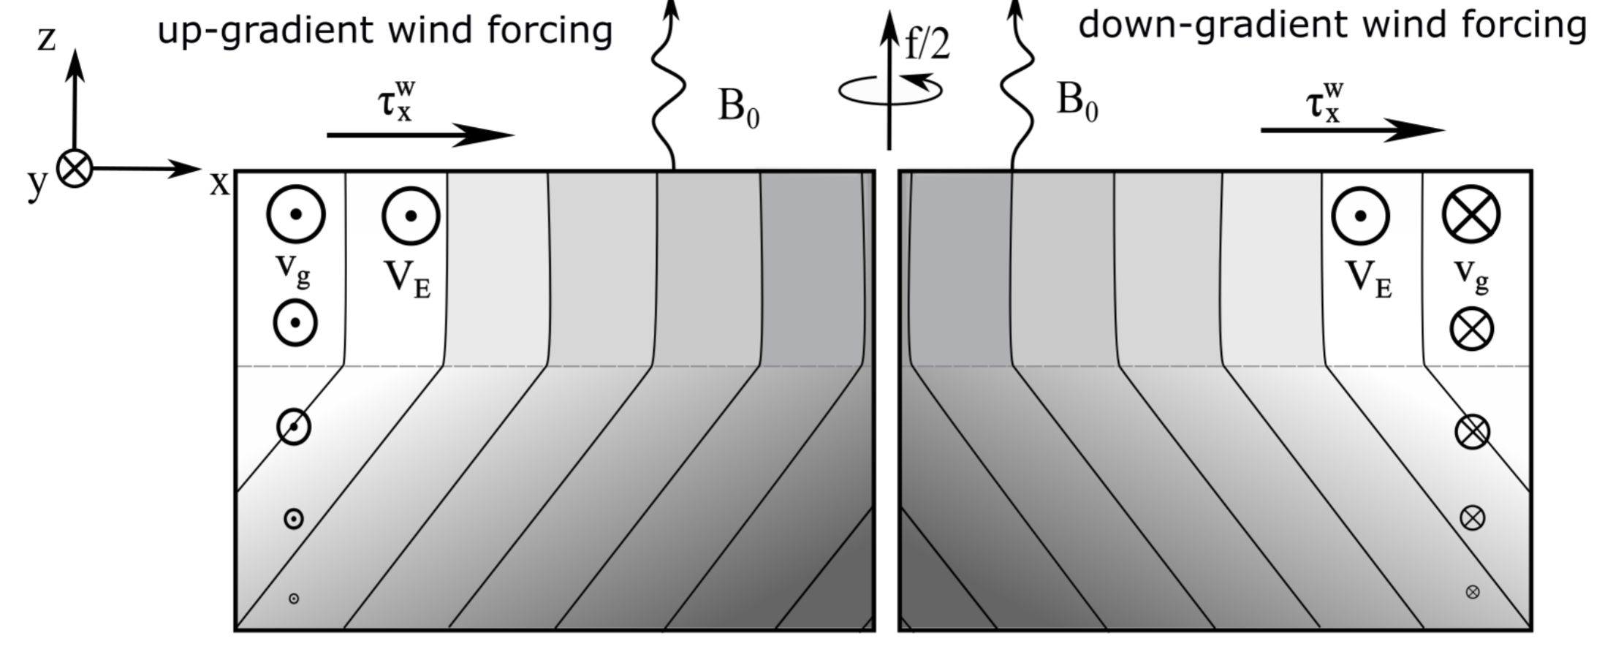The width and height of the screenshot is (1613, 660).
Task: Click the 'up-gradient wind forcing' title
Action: (x=384, y=31)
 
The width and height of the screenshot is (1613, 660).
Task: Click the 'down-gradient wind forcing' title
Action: (x=1332, y=26)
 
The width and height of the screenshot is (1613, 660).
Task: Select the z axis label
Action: (x=47, y=39)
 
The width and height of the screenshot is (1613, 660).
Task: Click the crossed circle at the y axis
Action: (x=75, y=169)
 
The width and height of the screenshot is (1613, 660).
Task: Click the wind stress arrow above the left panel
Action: (x=420, y=134)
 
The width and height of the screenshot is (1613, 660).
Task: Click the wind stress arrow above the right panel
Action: (x=1352, y=130)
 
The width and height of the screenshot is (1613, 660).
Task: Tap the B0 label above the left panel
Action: (x=738, y=107)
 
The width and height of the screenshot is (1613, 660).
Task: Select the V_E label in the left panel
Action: (x=407, y=280)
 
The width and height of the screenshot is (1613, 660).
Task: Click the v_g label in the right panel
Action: (x=1471, y=275)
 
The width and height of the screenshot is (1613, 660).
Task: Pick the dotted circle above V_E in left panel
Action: (x=411, y=216)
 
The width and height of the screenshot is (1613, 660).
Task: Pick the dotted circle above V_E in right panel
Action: (x=1360, y=216)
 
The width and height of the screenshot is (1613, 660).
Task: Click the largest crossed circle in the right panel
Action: (x=1471, y=214)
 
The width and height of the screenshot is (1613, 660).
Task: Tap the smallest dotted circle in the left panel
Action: (x=294, y=599)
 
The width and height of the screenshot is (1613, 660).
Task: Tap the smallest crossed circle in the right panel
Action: (x=1473, y=592)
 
